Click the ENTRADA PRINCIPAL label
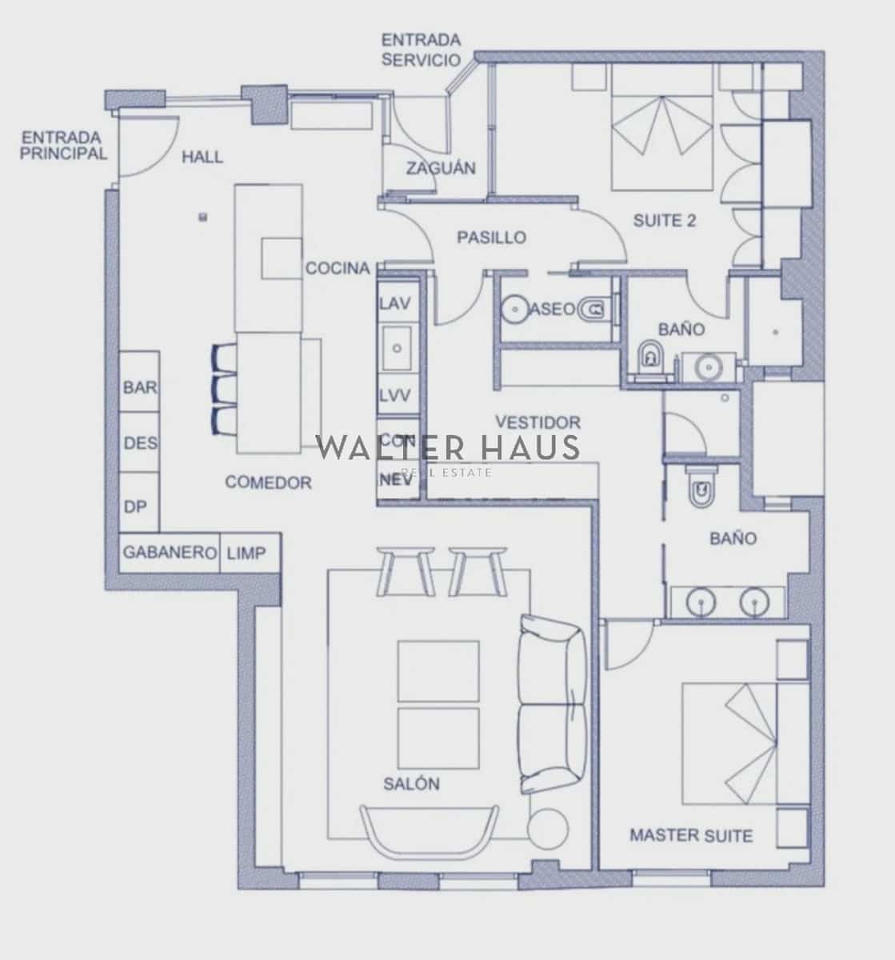(x=63, y=145)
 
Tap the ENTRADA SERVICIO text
(x=421, y=50)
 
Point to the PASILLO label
(x=491, y=238)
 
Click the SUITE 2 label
(x=664, y=221)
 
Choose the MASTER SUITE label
(x=691, y=836)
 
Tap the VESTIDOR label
(x=537, y=422)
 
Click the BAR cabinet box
(x=140, y=387)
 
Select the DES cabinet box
(x=140, y=442)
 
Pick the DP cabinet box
(x=136, y=506)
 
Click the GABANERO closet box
(x=170, y=553)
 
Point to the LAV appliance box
(x=395, y=303)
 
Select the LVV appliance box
(x=395, y=396)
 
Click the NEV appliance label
(x=395, y=480)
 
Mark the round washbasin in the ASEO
(x=515, y=308)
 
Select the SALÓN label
(x=411, y=783)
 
